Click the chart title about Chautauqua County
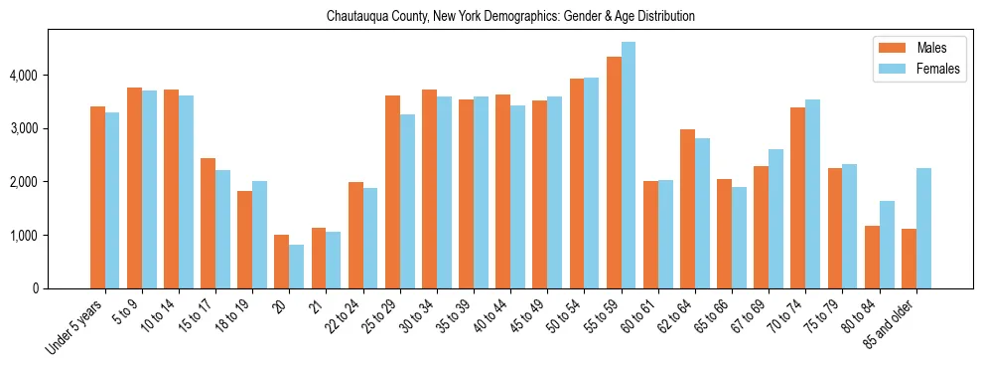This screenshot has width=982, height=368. coord(510,17)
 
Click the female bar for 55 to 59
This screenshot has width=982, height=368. coord(629,165)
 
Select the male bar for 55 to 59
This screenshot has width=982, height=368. coord(614,172)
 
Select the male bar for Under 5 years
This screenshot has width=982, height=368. coord(97,197)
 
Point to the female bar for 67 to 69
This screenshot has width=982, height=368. coord(775,219)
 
